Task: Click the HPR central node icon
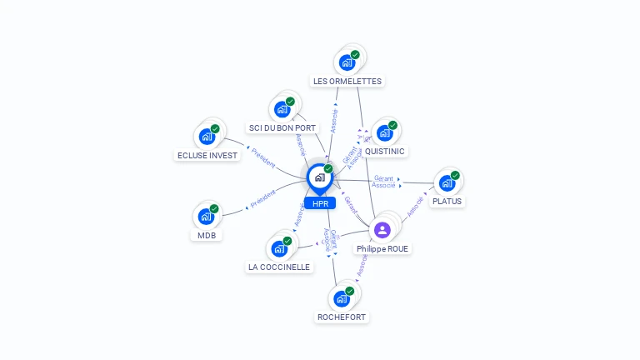tap(319, 177)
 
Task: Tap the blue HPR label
tap(320, 203)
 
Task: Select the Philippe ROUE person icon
tap(382, 229)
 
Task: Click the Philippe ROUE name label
tap(383, 248)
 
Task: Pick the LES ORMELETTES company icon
tap(347, 62)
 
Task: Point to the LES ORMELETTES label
tap(347, 82)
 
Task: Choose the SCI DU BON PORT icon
tap(282, 109)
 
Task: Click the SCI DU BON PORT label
tap(283, 128)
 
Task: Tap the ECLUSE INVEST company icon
tap(207, 137)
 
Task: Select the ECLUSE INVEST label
tap(207, 156)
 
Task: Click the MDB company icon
tap(206, 217)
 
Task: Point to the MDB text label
tap(207, 236)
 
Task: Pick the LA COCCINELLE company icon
tap(279, 248)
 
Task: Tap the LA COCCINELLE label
tap(279, 267)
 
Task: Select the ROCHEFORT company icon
tap(342, 298)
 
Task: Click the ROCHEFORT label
tap(342, 317)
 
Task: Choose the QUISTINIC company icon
tap(384, 132)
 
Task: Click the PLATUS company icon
tap(447, 182)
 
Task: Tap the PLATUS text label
tap(447, 202)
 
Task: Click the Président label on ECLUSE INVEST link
tap(262, 158)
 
